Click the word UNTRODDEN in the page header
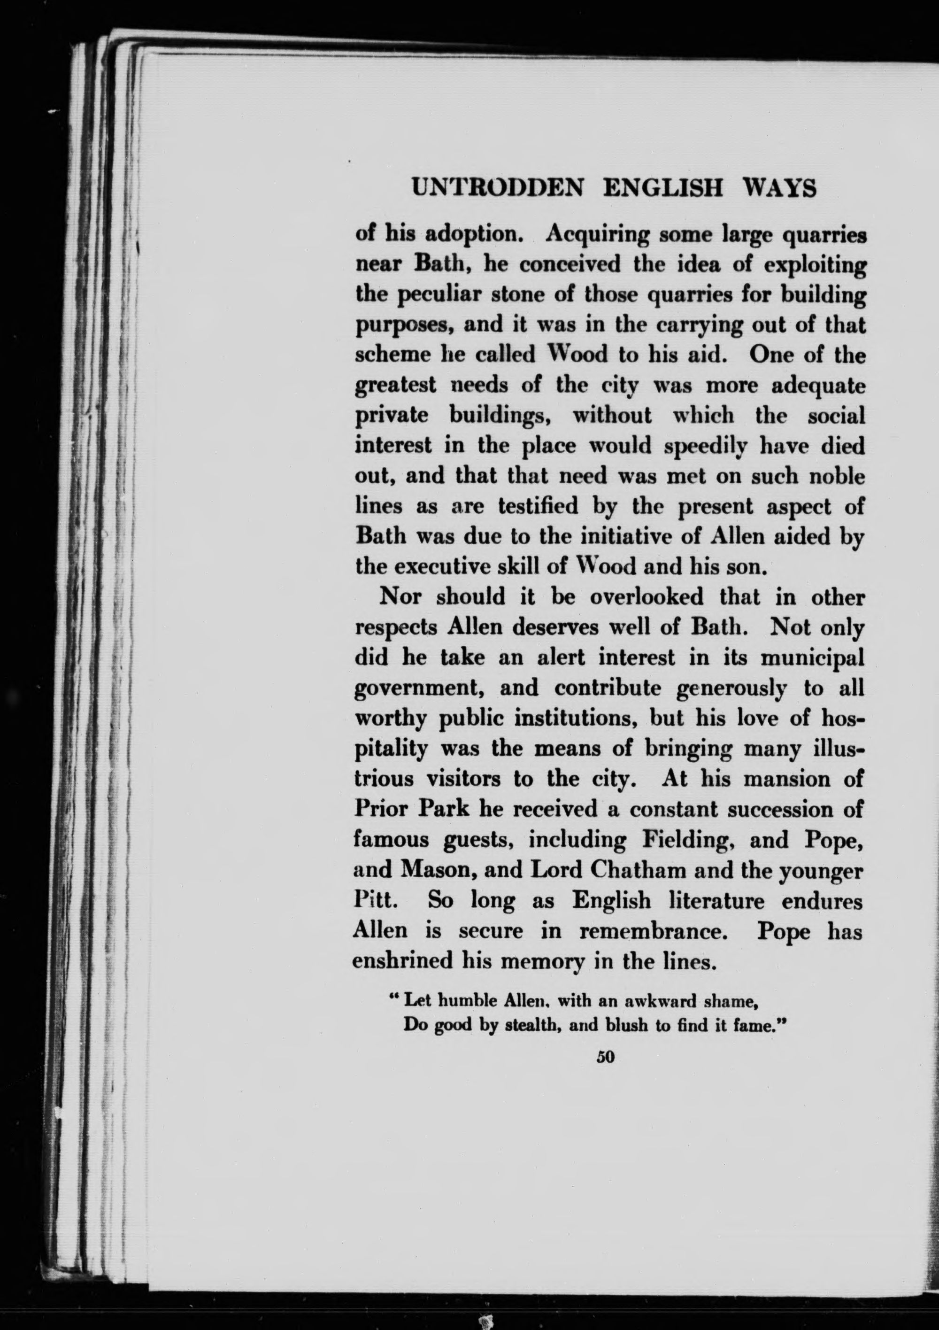[496, 189]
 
